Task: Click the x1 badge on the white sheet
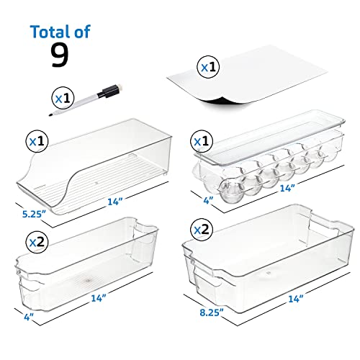210,68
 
